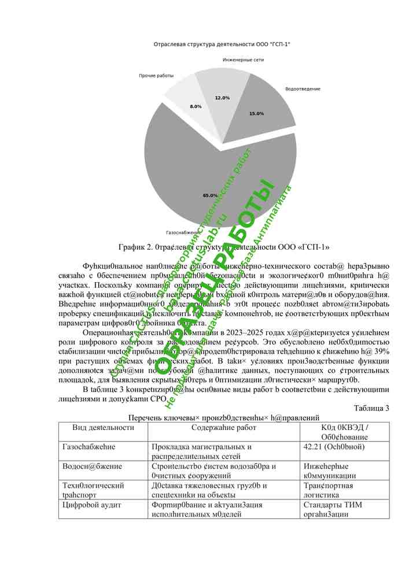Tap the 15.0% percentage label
256,113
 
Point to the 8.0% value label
196,106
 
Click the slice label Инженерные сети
243,60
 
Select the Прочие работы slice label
156,76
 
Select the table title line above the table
224,418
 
